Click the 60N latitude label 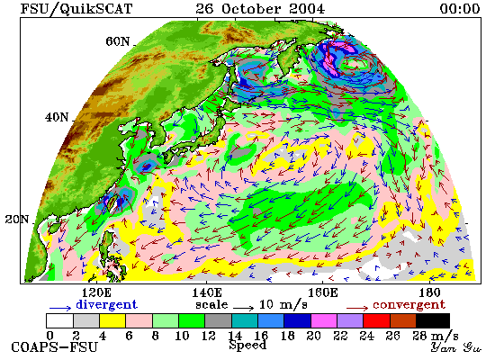118,41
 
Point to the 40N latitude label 57,118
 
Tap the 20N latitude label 17,220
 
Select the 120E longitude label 96,292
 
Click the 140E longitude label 207,292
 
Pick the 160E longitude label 322,292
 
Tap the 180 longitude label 429,292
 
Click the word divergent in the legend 107,304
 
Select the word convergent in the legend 409,305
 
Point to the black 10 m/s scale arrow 243,308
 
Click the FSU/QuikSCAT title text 76,9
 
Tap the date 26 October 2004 260,8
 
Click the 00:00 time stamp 460,8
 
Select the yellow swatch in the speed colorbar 112,320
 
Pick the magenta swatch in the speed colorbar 324,320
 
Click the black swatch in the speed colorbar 433,320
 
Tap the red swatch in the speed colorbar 376,320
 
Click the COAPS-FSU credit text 54,347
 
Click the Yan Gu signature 456,347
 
